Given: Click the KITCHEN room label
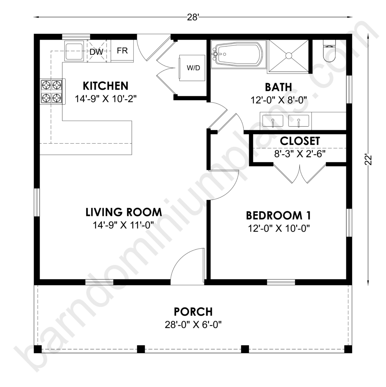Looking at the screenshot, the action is coord(105,86).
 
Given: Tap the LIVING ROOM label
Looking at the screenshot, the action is coord(124,212).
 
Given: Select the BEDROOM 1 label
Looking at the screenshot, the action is coord(278,215).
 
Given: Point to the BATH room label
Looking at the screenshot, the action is coord(278,87).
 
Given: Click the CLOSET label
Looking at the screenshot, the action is coord(300,141).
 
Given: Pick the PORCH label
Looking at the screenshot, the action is coord(193,312).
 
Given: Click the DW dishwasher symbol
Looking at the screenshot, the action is coord(96,52).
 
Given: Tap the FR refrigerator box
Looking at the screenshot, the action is coord(122,51).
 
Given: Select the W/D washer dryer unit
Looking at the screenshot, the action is coord(192,68).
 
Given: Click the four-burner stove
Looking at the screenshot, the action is coord(52,91).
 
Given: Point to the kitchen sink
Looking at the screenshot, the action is coord(74,51).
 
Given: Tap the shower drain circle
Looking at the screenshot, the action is coord(289,56).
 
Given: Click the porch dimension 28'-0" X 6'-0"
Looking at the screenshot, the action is coord(193,325).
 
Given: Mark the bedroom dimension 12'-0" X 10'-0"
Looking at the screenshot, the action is coord(279,229).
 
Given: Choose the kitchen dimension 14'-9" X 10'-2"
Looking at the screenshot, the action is coord(105,99).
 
